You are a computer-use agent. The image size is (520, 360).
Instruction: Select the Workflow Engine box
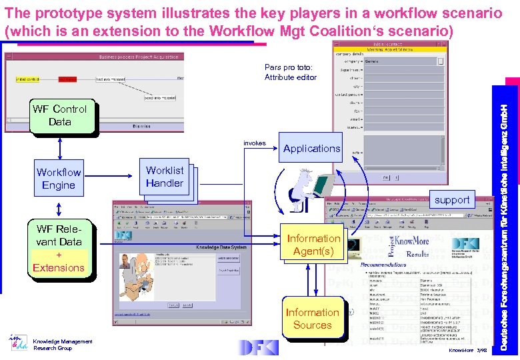[59, 179]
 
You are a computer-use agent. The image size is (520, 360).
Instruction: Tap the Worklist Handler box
[165, 177]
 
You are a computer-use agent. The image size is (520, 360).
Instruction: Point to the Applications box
[311, 149]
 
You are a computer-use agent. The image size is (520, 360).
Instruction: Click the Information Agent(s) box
[313, 245]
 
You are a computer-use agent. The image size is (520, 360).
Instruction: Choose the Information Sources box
[312, 319]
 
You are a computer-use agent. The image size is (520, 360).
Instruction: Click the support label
[452, 199]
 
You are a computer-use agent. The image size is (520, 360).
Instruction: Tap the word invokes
[255, 143]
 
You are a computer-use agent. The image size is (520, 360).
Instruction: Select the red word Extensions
[59, 268]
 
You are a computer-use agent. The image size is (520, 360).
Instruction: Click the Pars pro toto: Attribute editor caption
[290, 72]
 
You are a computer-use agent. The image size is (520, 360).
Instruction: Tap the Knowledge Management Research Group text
[63, 345]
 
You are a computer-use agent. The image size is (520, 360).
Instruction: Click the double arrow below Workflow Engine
[59, 209]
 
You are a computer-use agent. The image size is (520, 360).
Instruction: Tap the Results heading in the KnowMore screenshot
[418, 254]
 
